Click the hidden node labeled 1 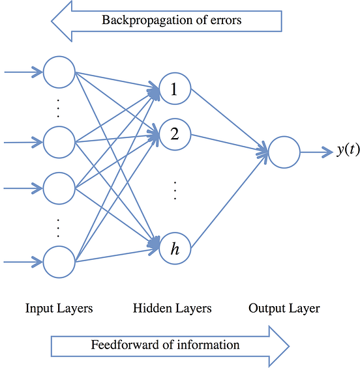(x=174, y=91)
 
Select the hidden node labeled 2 (x=174, y=134)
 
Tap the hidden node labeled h (x=174, y=248)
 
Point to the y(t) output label (x=348, y=151)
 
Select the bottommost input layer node (x=59, y=262)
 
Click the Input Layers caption (x=59, y=308)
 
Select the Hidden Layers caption (x=172, y=308)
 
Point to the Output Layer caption (x=284, y=308)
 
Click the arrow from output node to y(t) (x=317, y=152)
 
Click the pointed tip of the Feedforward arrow (x=288, y=345)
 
